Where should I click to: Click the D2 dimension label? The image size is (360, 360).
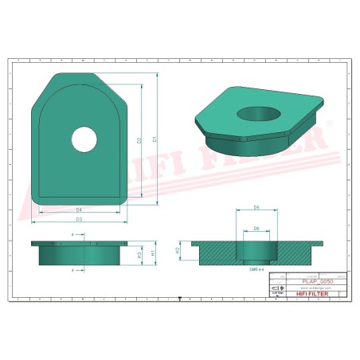click(140, 140)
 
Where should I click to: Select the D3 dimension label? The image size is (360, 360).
click(79, 218)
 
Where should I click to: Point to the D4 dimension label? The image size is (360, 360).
click(79, 209)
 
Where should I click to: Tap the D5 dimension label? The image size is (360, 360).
click(256, 207)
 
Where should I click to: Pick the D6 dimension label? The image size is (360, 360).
click(256, 228)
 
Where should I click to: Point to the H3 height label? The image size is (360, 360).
click(139, 255)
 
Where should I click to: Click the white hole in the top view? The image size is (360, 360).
click(84, 140)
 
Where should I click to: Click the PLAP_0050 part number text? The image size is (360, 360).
click(318, 281)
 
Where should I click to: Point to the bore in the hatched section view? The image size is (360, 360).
click(255, 252)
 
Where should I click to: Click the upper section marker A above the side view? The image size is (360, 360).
click(73, 235)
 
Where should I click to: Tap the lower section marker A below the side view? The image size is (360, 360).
click(73, 270)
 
